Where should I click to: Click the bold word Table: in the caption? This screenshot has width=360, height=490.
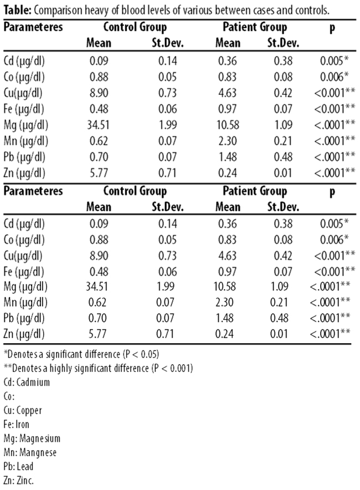point(17,11)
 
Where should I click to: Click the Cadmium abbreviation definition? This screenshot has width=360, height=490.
point(27,382)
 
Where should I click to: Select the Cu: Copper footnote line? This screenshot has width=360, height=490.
point(23,410)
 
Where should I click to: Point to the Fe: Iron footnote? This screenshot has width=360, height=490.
point(16,425)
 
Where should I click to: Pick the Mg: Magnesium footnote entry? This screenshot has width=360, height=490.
point(32,438)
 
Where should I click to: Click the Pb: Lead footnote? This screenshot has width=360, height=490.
point(18,467)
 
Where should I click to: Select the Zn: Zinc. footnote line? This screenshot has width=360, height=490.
point(18,481)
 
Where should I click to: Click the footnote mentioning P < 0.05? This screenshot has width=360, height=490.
point(81,354)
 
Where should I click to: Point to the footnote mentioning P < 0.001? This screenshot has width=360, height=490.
point(98,368)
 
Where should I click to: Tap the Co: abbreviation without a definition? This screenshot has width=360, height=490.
point(9,396)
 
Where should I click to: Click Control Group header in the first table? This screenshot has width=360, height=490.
point(135,27)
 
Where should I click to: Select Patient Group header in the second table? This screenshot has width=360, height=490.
point(255,191)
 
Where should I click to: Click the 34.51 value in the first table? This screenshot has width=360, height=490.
point(99,125)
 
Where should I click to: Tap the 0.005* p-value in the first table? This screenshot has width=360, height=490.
point(335,60)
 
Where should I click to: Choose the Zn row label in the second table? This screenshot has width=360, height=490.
point(24,334)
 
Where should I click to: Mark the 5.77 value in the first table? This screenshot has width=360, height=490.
point(99,172)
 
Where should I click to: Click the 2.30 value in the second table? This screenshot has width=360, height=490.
point(224,302)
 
